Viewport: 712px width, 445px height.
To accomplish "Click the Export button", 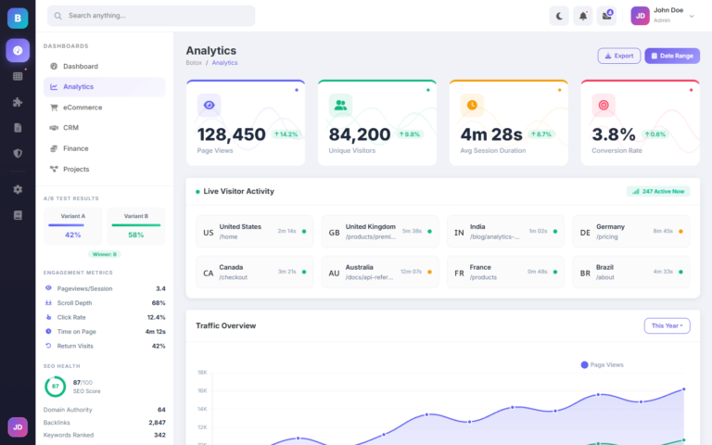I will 618,56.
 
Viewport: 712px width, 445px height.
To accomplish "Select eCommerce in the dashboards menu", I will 83,108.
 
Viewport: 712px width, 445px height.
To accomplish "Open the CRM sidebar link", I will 70,128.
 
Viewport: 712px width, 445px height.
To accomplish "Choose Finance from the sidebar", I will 75,148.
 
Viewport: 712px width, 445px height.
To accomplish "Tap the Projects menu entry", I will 76,169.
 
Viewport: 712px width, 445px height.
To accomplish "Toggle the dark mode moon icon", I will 559,16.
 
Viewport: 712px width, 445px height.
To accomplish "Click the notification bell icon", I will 583,16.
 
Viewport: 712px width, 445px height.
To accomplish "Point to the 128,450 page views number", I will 231,134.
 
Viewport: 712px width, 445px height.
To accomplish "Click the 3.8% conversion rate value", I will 614,134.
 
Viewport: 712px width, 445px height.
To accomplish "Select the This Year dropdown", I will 667,325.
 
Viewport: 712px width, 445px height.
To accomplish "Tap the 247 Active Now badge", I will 657,191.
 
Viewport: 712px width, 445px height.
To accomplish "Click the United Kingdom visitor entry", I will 370,226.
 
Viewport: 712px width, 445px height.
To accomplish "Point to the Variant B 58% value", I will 135,235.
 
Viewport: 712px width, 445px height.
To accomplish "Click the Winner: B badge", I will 104,253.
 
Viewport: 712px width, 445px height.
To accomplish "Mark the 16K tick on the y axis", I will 201,390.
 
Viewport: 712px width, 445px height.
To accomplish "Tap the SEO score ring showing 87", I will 55,386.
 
